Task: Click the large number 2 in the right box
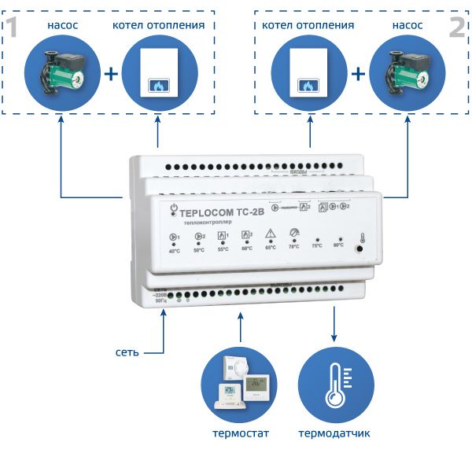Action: point(457,29)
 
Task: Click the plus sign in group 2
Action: point(359,75)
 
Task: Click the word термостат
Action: point(238,433)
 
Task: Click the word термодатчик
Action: point(334,433)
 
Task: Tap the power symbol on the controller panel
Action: point(175,208)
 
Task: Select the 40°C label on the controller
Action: point(174,250)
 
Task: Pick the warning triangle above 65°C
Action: point(270,234)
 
